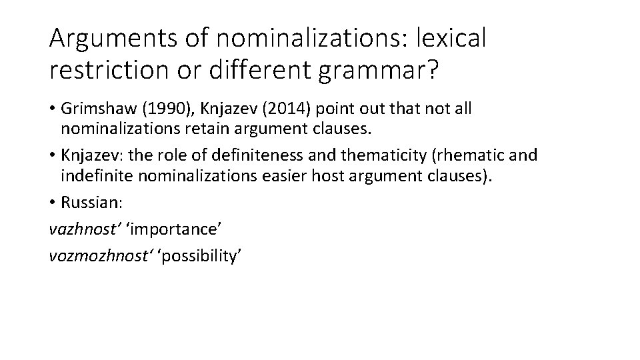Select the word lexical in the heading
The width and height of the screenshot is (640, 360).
pyautogui.click(x=451, y=39)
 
